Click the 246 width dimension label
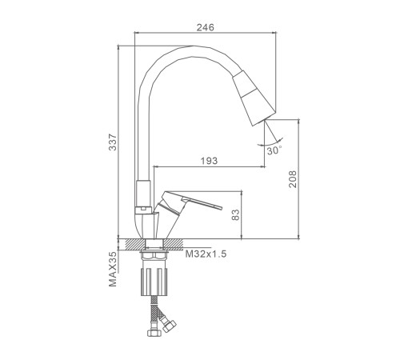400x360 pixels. pyautogui.click(x=206, y=27)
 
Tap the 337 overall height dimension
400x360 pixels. pyautogui.click(x=113, y=142)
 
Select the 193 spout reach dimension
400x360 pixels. pyautogui.click(x=209, y=161)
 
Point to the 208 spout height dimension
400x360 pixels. pyautogui.click(x=293, y=179)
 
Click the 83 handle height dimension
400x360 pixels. pyautogui.click(x=236, y=215)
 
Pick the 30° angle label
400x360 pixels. pyautogui.click(x=274, y=150)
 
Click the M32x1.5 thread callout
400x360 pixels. pyautogui.click(x=206, y=254)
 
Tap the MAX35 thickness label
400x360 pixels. pyautogui.click(x=113, y=269)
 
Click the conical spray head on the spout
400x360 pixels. pyautogui.click(x=254, y=98)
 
